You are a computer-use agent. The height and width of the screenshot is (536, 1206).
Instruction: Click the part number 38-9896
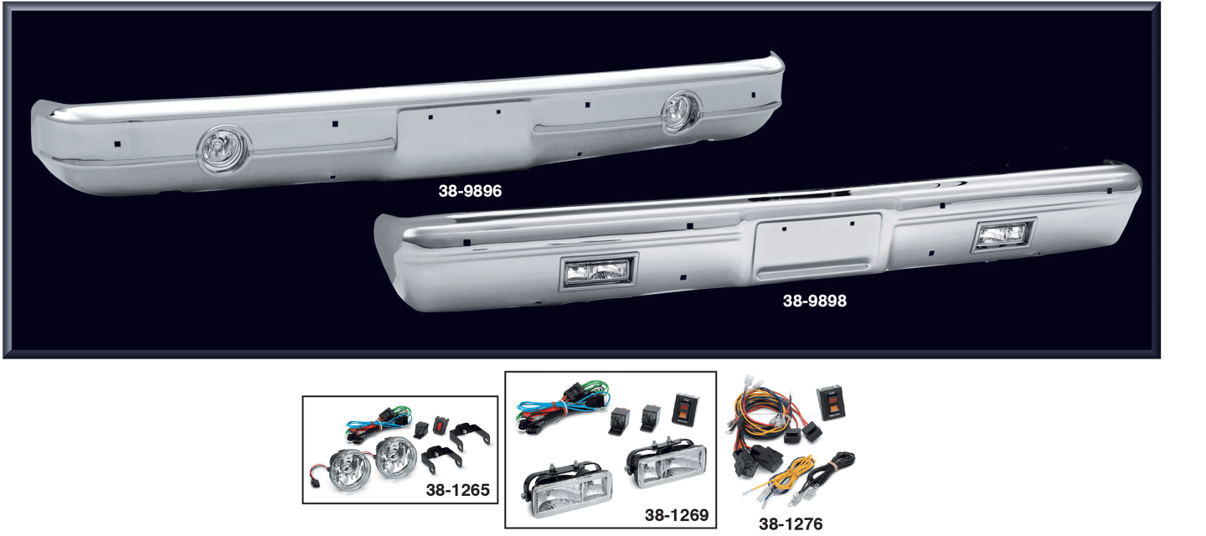pos(469,191)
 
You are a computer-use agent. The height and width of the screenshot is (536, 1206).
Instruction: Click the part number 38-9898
pos(814,301)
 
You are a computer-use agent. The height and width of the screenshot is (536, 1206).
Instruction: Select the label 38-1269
pos(677,513)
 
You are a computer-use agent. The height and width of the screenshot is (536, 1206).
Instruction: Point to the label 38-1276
pos(790,524)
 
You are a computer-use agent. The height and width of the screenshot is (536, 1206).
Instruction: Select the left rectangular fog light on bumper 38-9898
pos(598,271)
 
